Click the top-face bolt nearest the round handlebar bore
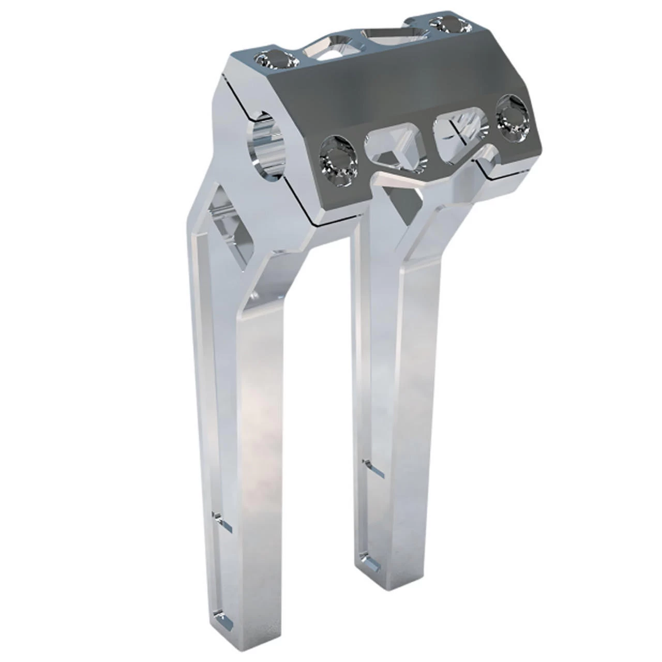pyautogui.click(x=275, y=60)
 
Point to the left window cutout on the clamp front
pyautogui.click(x=396, y=149)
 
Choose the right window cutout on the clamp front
pyautogui.click(x=462, y=127)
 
